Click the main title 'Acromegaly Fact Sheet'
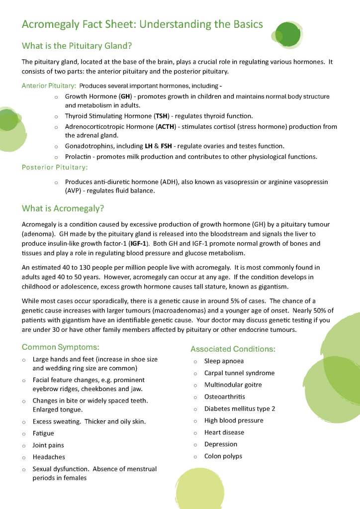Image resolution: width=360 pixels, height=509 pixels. [142, 24]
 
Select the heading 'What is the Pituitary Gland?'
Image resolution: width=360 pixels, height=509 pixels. [76, 46]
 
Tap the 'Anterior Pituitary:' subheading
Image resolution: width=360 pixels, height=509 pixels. [49, 86]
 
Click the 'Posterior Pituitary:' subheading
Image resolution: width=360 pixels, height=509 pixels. [55, 167]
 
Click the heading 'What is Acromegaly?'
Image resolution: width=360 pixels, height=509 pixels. [63, 208]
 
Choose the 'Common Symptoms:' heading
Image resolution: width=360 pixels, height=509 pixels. [61, 347]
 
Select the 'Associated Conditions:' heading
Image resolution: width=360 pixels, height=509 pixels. [233, 349]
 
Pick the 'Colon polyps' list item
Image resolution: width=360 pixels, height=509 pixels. [223, 456]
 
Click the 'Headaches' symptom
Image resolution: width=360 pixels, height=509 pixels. [49, 457]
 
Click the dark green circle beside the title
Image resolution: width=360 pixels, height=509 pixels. [287, 33]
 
